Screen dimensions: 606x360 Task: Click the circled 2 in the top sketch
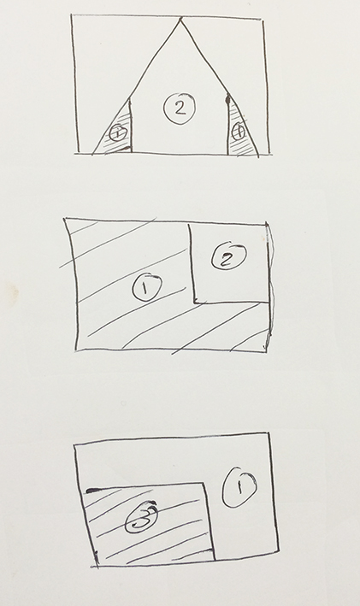pyautogui.click(x=179, y=108)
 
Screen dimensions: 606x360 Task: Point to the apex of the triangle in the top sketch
pyautogui.click(x=180, y=18)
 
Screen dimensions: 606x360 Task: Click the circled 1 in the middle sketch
pyautogui.click(x=146, y=288)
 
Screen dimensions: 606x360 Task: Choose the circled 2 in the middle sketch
pyautogui.click(x=227, y=257)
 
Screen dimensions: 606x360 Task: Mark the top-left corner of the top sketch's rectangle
pyautogui.click(x=72, y=15)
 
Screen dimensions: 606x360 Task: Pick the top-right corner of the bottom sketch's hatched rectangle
pyautogui.click(x=206, y=481)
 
